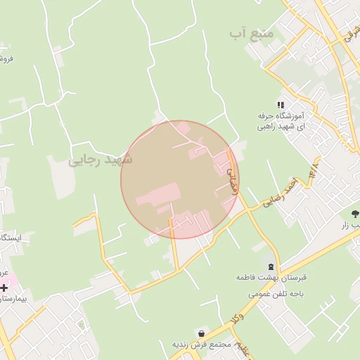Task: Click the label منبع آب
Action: pyautogui.click(x=248, y=34)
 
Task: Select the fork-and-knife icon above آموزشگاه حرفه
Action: pyautogui.click(x=281, y=105)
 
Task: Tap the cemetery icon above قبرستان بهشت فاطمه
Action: pyautogui.click(x=272, y=266)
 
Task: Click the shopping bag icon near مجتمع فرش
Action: pyautogui.click(x=202, y=333)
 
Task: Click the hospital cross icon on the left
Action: pyautogui.click(x=4, y=288)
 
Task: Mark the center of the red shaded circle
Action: pyautogui.click(x=180, y=179)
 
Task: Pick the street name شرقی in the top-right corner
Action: pyautogui.click(x=350, y=31)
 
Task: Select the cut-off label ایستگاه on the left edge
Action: pyautogui.click(x=11, y=238)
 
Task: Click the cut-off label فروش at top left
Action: pyautogui.click(x=6, y=58)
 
